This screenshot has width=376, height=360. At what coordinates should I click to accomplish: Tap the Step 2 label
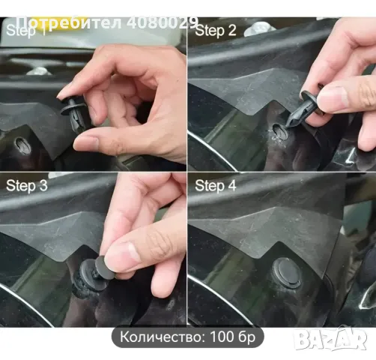(x=216, y=31)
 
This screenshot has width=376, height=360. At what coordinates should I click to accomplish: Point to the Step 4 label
(x=216, y=184)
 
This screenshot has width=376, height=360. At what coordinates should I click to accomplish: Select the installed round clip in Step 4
(x=286, y=271)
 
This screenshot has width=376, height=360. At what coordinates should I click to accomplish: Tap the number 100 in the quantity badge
(x=225, y=337)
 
